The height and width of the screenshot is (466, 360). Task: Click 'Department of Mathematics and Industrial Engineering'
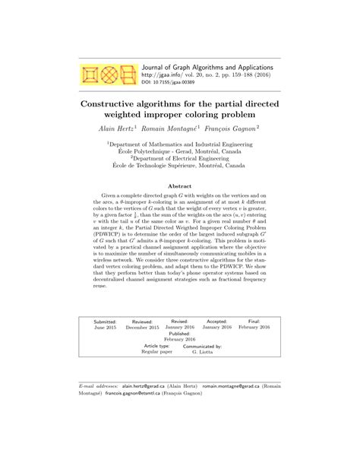pos(181,142)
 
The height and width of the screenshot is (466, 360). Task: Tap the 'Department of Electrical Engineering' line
pos(181,159)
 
